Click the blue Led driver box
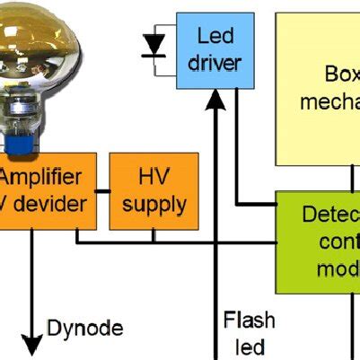click(215, 50)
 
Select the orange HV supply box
click(154, 190)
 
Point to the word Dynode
click(84, 328)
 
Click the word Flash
click(249, 320)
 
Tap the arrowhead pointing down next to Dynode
click(32, 345)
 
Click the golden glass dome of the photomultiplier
click(40, 45)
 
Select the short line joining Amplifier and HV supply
click(102, 190)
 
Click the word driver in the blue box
click(215, 63)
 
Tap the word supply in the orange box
click(154, 204)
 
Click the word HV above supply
click(154, 176)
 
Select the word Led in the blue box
click(215, 37)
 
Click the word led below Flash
click(249, 347)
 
